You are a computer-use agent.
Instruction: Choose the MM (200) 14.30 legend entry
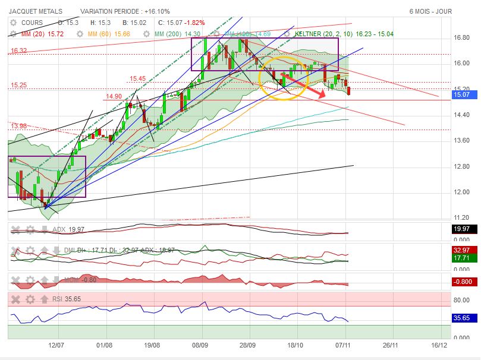(177, 34)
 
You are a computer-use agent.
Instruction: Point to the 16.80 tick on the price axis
(462, 37)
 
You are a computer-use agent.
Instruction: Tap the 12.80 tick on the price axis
(462, 166)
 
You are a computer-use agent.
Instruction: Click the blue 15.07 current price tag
(461, 94)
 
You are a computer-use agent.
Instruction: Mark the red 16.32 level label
(18, 51)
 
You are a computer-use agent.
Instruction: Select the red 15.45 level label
(137, 78)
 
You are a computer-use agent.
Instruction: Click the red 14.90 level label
(114, 96)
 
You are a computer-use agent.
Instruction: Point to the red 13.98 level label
(18, 125)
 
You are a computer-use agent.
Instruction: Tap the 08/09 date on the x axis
(200, 344)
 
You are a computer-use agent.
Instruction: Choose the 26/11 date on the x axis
(390, 344)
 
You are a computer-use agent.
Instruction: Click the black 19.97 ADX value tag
(461, 229)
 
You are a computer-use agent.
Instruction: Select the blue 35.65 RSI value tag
(461, 318)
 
